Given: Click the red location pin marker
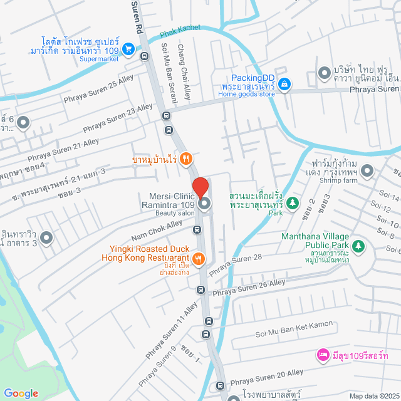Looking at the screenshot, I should click(x=200, y=188).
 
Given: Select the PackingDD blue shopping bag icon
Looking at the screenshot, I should click(x=284, y=83).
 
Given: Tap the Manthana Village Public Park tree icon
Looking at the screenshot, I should click(x=358, y=246).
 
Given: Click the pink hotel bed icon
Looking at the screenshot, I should click(x=323, y=355).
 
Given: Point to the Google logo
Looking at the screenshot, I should click(x=21, y=393).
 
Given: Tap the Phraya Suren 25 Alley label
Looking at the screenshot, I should click(x=90, y=90).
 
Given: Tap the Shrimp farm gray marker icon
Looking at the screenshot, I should click(x=367, y=170).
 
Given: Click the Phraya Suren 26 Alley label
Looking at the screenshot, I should click(x=249, y=288).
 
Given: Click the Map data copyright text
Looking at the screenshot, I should click(x=373, y=395).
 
